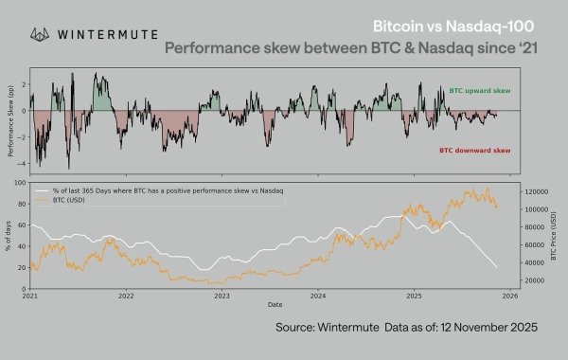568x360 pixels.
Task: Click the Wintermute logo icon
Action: pyautogui.click(x=41, y=34)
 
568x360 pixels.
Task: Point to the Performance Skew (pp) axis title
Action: pyautogui.click(x=10, y=119)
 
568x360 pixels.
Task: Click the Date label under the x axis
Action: pyautogui.click(x=274, y=304)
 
